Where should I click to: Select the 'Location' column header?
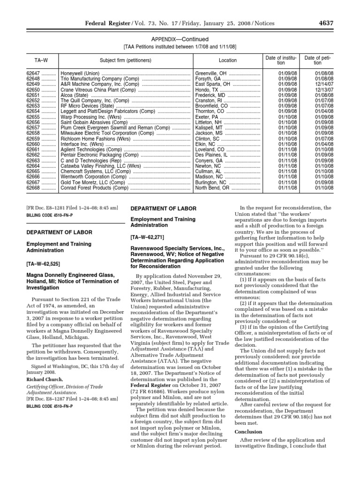pos(228,60)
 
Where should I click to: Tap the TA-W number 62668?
pos(34,188)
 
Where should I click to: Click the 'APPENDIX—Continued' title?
pos(180,39)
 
